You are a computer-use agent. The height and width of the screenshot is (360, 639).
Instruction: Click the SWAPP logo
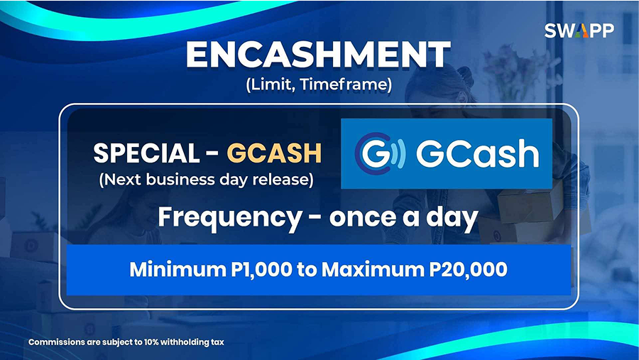click(579, 31)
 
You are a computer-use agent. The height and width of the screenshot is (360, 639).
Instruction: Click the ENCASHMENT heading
click(318, 55)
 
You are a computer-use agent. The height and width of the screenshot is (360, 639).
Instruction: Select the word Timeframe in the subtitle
click(346, 84)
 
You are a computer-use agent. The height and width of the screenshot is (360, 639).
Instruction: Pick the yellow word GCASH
click(274, 153)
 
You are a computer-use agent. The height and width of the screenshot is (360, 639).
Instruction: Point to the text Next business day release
click(206, 180)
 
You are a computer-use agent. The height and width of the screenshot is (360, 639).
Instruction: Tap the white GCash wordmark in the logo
click(477, 154)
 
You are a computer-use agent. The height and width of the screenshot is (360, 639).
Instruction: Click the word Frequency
click(230, 218)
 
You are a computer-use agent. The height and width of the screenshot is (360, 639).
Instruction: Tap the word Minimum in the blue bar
click(177, 270)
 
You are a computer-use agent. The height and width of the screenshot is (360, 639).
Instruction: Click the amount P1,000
click(261, 270)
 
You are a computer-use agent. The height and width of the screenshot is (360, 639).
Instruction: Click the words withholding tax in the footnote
click(192, 342)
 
